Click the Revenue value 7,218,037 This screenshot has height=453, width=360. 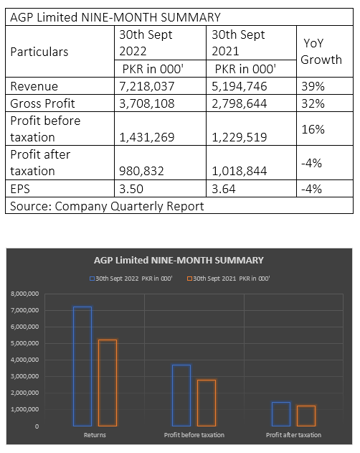[147, 86]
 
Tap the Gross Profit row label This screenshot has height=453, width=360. [42, 103]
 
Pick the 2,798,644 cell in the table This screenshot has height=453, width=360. [240, 103]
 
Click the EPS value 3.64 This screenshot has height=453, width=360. [224, 189]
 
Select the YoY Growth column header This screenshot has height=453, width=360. [321, 52]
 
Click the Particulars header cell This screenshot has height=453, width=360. [39, 52]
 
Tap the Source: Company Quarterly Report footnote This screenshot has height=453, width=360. [107, 206]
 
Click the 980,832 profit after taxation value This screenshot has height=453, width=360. [141, 171]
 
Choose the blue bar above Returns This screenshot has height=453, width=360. [82, 366]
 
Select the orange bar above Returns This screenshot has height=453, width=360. [108, 383]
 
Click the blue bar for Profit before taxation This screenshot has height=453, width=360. [181, 396]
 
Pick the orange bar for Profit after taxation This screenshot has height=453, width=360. [306, 416]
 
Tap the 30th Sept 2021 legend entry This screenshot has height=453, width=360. [228, 279]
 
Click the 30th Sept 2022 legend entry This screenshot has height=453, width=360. [131, 279]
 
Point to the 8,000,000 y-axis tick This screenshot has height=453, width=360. [25, 294]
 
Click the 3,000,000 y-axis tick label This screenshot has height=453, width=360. [25, 376]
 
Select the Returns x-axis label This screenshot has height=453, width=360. [95, 435]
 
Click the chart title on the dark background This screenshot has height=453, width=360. [179, 261]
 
